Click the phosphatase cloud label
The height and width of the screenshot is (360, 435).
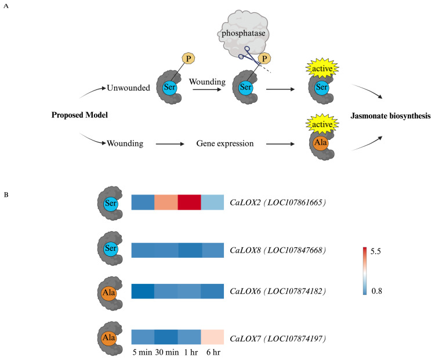(243, 34)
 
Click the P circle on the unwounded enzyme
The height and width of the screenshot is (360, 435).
(188, 59)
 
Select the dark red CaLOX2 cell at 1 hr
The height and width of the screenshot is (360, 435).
(189, 202)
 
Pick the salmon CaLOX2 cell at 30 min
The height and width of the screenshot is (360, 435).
(166, 202)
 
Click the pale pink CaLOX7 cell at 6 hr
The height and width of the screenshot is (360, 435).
(212, 337)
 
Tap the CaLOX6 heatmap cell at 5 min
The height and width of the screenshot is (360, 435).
(143, 291)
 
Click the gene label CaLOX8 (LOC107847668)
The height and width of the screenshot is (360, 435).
(278, 250)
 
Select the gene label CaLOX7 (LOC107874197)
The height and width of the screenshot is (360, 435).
(278, 339)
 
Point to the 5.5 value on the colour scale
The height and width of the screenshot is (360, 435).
(376, 251)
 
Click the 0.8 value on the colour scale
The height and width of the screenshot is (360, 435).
(376, 291)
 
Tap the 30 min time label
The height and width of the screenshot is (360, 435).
(167, 352)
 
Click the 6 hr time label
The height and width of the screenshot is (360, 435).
(213, 352)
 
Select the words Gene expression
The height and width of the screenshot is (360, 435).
(225, 143)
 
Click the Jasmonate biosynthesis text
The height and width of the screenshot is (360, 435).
(390, 116)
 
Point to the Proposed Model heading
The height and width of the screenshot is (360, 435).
(79, 115)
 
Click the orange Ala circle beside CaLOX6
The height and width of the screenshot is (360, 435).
(109, 293)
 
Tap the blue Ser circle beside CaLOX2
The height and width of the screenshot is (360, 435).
(111, 203)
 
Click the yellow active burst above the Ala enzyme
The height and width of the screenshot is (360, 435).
(322, 124)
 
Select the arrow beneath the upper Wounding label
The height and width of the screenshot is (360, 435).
(207, 89)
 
